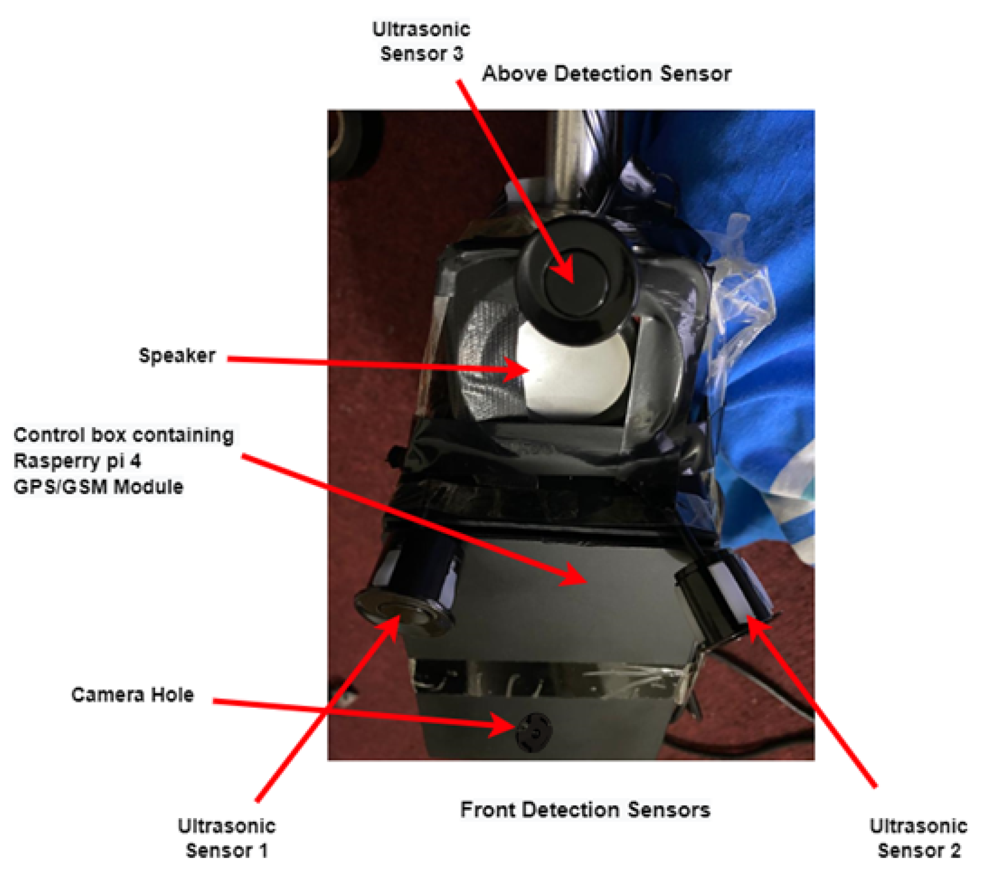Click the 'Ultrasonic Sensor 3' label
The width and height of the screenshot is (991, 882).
click(420, 42)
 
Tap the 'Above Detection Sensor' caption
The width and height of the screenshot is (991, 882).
click(606, 74)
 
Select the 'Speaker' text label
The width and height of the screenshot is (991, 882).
click(177, 356)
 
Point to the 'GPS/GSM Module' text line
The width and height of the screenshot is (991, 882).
click(99, 486)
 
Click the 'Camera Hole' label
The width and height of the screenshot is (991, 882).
click(132, 695)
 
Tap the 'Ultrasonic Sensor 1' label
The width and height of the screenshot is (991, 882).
click(226, 838)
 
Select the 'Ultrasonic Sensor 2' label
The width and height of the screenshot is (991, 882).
click(918, 838)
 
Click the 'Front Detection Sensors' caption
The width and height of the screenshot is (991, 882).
click(585, 809)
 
